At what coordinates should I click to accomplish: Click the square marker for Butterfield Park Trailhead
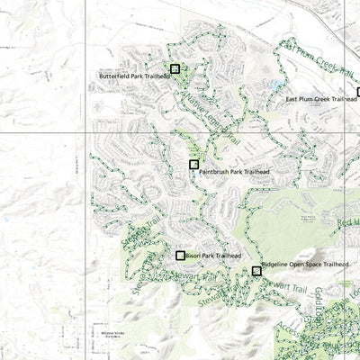point(175,68)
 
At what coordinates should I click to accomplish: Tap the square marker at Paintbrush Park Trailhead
point(193,165)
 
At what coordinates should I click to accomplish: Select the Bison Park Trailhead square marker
point(181,256)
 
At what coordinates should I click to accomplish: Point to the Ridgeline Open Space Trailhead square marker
point(256,270)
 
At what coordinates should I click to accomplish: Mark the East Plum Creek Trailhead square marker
point(358,92)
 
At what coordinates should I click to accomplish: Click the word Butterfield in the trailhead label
point(116,76)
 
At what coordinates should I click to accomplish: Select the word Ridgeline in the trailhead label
point(275,265)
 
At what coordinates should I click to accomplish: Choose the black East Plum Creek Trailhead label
point(321,99)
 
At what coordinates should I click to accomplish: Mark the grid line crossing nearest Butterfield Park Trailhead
point(86,130)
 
